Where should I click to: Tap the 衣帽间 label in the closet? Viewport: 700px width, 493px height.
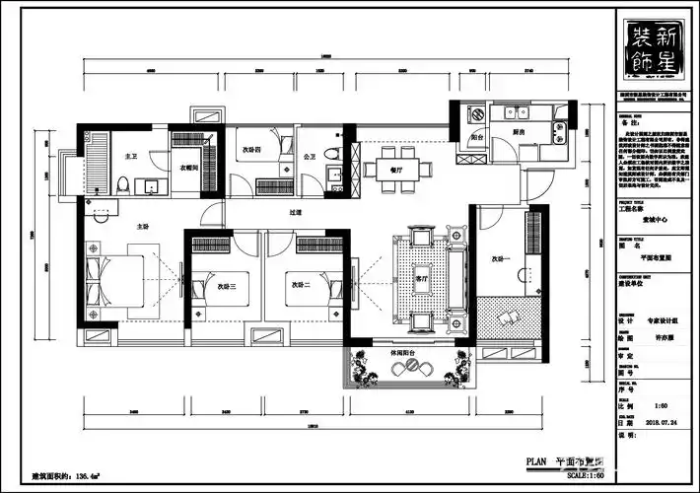(189, 167)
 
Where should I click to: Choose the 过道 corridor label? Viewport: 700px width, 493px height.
(296, 212)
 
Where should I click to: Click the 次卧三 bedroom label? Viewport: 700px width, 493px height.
(226, 286)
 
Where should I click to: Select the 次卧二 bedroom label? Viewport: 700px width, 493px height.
(301, 286)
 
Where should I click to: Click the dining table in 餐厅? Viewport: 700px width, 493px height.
(396, 169)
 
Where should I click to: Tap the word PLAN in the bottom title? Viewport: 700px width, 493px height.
(537, 460)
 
